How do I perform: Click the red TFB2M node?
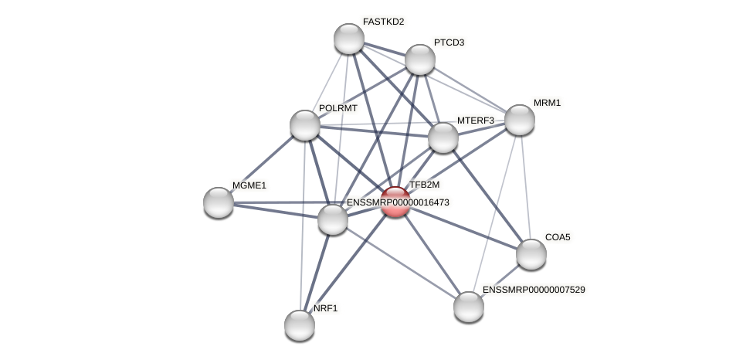click(395, 202)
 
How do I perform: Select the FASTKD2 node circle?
click(349, 39)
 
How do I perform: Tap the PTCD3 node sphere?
click(420, 59)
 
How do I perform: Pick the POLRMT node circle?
click(305, 125)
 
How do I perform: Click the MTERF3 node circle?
click(443, 138)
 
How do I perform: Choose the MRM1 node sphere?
click(520, 120)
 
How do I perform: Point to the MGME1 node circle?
click(219, 202)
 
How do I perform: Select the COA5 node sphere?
click(531, 254)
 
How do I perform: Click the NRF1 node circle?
click(300, 325)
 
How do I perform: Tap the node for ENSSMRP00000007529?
click(469, 307)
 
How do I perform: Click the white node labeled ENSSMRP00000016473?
click(333, 219)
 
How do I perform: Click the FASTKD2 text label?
click(384, 22)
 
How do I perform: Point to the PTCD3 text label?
click(449, 42)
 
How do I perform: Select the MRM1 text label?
click(548, 103)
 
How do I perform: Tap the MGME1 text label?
click(249, 185)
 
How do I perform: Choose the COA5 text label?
click(558, 237)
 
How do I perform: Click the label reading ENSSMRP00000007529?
click(534, 290)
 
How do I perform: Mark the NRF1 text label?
click(326, 308)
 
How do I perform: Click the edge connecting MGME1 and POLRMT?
click(262, 164)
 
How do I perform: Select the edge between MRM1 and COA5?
click(525, 187)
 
